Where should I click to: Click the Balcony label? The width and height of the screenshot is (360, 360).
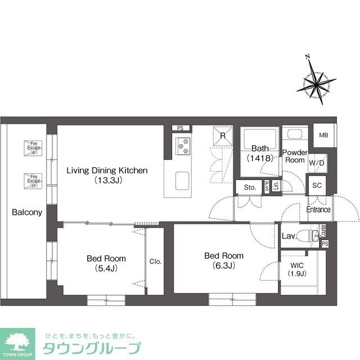(26, 213)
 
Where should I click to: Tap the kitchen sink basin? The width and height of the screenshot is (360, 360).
(183, 181)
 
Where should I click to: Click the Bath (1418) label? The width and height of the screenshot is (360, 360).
(259, 154)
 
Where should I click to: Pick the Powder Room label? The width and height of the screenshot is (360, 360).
(294, 156)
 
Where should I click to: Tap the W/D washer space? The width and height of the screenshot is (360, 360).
(317, 163)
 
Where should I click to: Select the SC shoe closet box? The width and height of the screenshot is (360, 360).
(317, 185)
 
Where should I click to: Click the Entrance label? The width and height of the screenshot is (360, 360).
(318, 210)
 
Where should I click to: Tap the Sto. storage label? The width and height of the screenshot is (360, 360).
(249, 187)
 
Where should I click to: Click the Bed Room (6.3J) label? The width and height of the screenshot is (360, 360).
(219, 260)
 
